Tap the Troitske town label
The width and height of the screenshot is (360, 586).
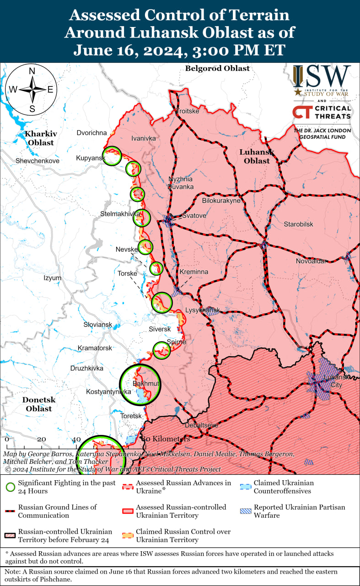pos(188,111)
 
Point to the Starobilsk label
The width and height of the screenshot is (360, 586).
pos(298,224)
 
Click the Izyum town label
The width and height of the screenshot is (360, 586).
pos(52,278)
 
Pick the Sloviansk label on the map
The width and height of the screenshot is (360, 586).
pos(97,325)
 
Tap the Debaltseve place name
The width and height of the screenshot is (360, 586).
pos(201,425)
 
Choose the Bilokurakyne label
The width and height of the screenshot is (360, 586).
pos(221,201)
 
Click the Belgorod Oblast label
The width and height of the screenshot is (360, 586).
pos(217,69)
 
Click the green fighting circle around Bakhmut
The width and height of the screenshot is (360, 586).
pos(141,385)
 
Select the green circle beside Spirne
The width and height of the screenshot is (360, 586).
pos(161,350)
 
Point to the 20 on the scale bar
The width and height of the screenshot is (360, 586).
pos(42,439)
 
